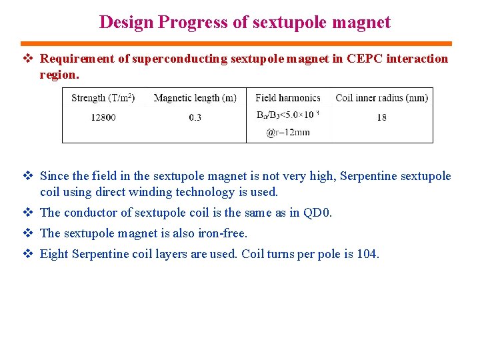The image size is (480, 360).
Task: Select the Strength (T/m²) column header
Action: tap(103, 98)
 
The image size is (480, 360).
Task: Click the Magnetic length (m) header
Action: tap(195, 98)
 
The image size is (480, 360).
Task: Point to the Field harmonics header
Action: tap(288, 98)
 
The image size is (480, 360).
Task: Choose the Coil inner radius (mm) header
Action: tap(381, 98)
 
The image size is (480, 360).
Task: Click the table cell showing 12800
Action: tap(103, 117)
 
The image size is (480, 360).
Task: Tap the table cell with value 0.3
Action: tap(195, 117)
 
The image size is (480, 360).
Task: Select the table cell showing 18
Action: tap(381, 117)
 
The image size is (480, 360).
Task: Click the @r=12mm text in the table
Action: tap(288, 132)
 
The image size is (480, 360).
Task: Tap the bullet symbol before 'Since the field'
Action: tap(29, 177)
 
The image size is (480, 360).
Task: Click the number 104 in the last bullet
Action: tap(367, 254)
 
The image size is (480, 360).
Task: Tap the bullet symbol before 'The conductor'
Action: tap(29, 213)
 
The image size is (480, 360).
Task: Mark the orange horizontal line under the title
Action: tap(240, 43)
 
